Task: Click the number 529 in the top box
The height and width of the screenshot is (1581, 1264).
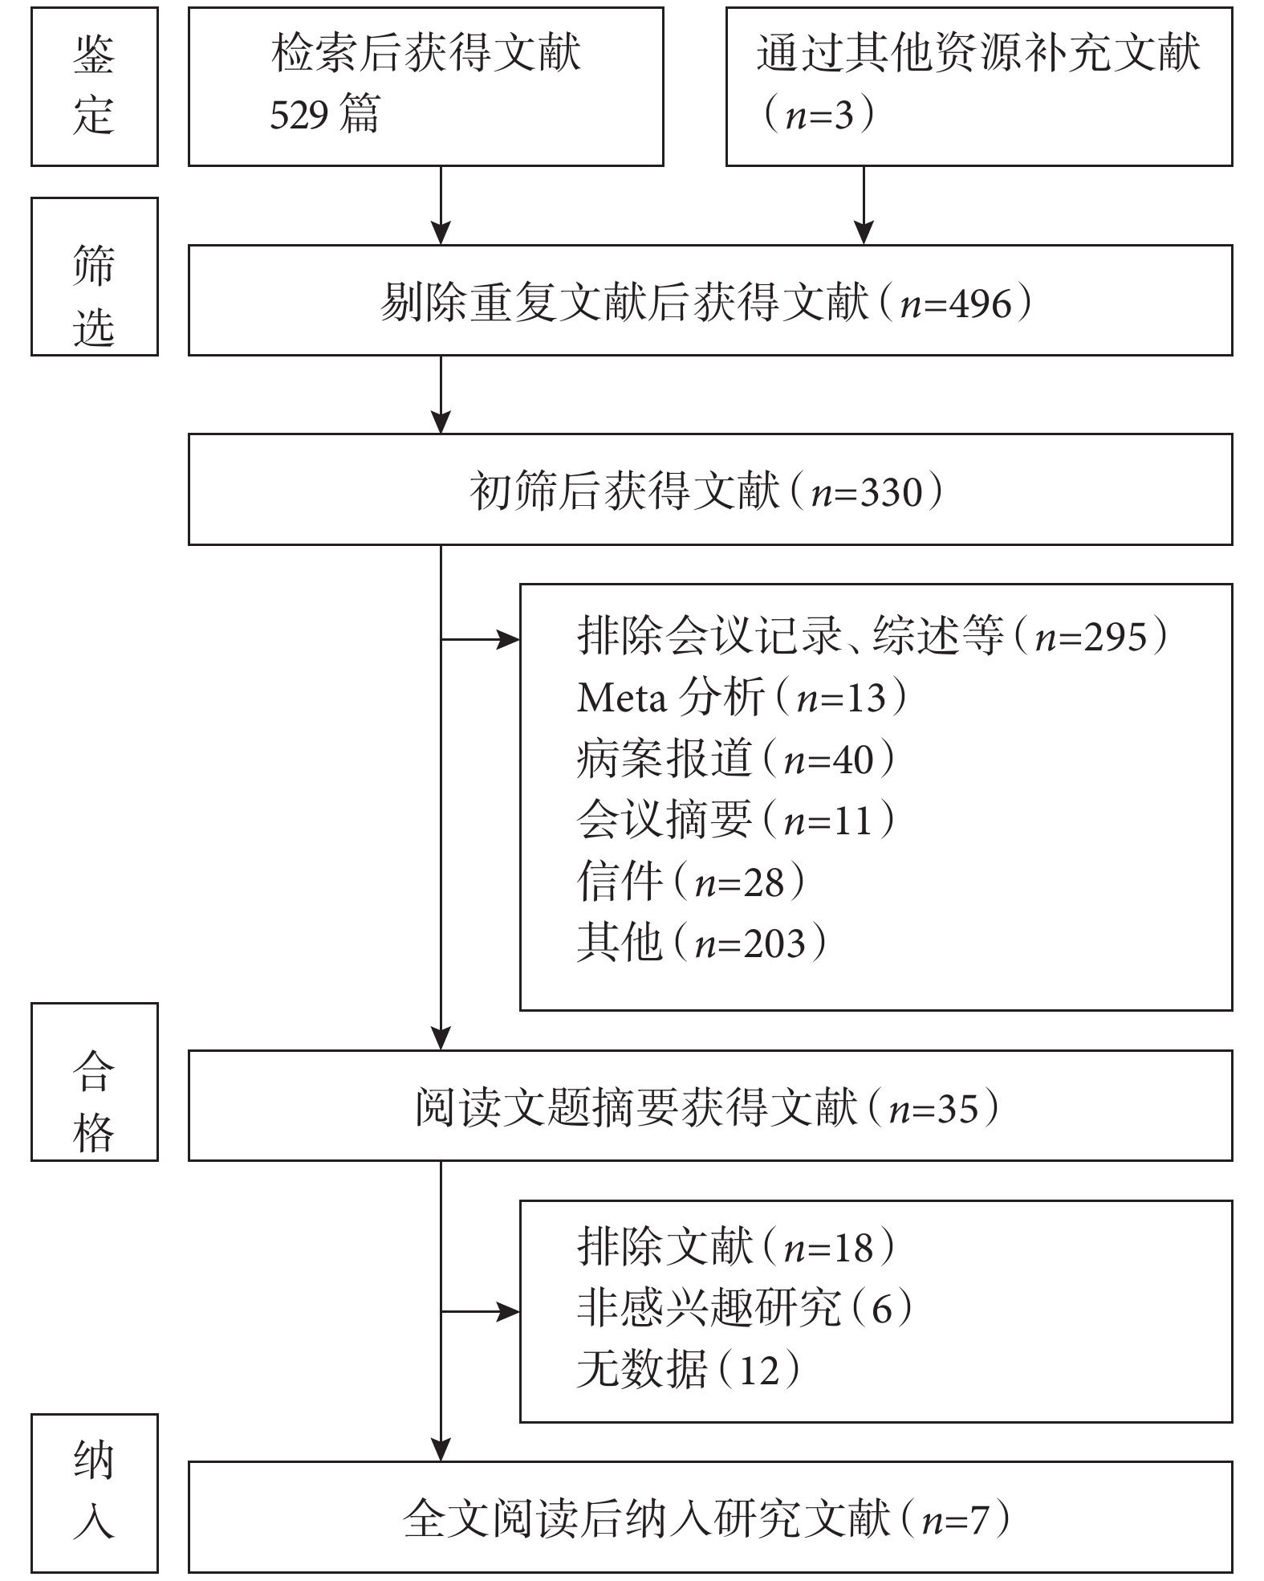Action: [299, 115]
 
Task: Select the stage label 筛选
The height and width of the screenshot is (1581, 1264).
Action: [94, 295]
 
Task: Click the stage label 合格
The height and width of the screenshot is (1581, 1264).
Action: [94, 1101]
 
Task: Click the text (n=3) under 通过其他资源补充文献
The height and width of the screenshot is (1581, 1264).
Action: [819, 116]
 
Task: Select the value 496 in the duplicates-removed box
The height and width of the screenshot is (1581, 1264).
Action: [980, 304]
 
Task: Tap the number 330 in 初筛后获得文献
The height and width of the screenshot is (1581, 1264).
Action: [892, 492]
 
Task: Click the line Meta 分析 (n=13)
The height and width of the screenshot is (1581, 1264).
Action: [742, 697]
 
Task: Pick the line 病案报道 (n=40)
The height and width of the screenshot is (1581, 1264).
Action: [736, 758]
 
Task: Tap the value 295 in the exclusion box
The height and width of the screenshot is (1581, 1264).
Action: [1116, 637]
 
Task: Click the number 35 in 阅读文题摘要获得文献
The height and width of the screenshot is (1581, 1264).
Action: [959, 1109]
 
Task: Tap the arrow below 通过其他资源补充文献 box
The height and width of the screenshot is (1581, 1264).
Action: [864, 205]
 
